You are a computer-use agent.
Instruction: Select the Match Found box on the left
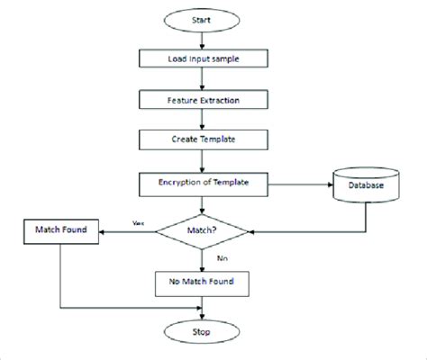coord(60,231)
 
